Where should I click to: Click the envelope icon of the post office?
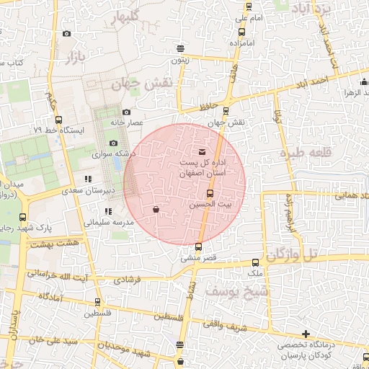(x=201, y=152)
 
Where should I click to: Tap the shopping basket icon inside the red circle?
(x=156, y=210)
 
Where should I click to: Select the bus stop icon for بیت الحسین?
(x=210, y=193)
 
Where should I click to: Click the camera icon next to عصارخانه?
(x=127, y=112)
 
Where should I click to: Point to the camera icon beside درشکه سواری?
(x=113, y=143)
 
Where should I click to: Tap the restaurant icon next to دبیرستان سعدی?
(x=88, y=179)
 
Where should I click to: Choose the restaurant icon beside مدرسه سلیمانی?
(x=107, y=211)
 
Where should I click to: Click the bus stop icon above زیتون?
(x=180, y=49)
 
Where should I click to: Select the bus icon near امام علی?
(x=242, y=31)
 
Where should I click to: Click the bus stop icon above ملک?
(x=256, y=263)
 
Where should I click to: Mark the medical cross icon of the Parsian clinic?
(x=306, y=334)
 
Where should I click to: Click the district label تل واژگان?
(x=291, y=254)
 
